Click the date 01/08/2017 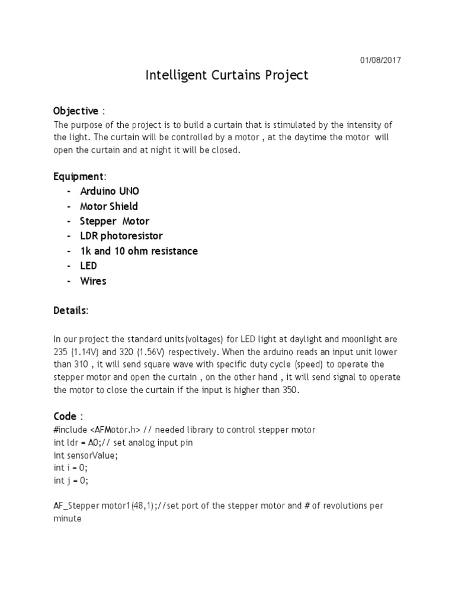click(381, 60)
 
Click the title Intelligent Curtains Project click(227, 76)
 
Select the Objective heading click(76, 111)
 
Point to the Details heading click(71, 310)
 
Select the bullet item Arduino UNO click(110, 191)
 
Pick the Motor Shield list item click(109, 206)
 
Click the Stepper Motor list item click(114, 221)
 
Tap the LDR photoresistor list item click(121, 236)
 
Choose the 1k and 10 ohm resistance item click(139, 251)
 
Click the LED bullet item click(88, 266)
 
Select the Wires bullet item click(93, 281)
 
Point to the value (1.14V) click(88, 352)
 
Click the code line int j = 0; click(71, 481)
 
